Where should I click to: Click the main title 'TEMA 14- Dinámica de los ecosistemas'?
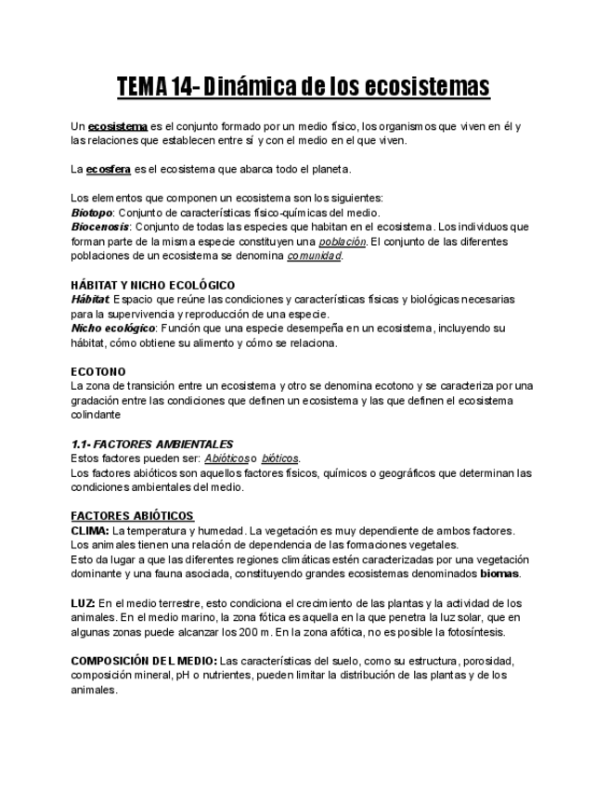tap(303, 88)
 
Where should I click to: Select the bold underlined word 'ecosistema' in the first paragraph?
tap(118, 125)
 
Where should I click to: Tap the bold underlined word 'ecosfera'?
tap(109, 169)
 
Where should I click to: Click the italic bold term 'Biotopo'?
tap(93, 213)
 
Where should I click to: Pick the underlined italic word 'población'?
tap(342, 241)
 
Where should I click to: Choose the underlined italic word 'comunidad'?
tap(314, 256)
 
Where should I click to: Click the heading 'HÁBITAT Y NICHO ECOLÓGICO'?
tap(153, 285)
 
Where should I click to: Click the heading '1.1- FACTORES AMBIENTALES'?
tap(152, 444)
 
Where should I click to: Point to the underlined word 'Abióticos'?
tap(226, 458)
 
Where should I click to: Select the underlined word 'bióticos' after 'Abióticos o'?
tap(280, 458)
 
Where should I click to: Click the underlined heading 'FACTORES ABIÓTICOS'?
tap(132, 516)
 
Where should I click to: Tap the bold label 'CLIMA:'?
tap(90, 531)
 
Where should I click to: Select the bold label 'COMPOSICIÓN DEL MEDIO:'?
tap(144, 661)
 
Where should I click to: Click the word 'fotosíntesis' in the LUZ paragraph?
tap(472, 632)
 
